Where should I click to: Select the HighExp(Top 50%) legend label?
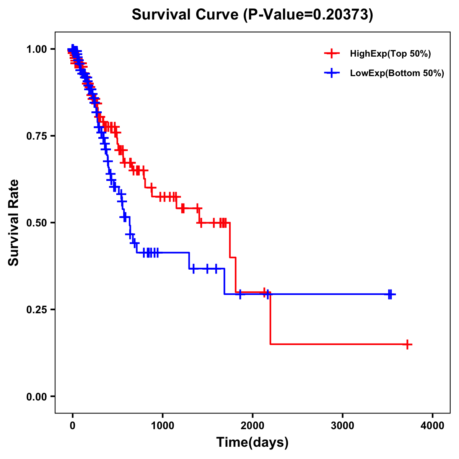point(391,54)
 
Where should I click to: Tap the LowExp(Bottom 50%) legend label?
point(397,73)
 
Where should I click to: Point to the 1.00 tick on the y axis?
point(36,49)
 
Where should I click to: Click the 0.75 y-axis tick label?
point(36,136)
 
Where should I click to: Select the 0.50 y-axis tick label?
point(36,223)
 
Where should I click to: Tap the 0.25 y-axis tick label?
point(36,309)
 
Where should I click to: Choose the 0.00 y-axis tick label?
point(36,396)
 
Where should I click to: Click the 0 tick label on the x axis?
point(73,426)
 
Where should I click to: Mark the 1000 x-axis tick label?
point(163,426)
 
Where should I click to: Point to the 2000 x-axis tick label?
point(252,426)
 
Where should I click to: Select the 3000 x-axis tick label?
point(343,426)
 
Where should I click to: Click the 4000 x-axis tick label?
point(433,426)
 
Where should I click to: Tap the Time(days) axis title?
point(252,443)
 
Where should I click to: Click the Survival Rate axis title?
point(14,223)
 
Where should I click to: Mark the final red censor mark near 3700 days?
point(408,344)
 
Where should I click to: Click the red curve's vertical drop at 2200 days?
point(270,319)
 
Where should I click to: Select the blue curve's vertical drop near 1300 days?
point(189,260)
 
